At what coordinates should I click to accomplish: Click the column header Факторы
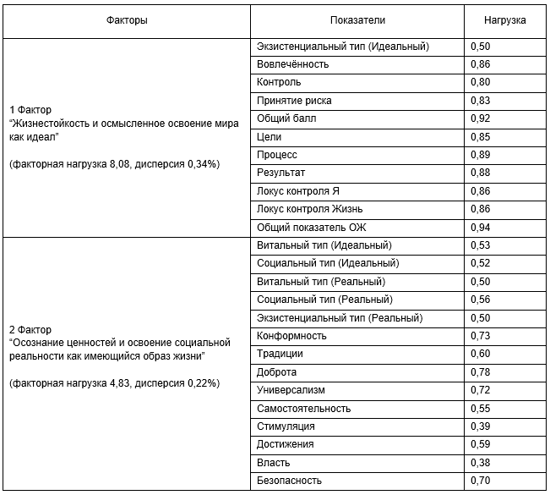[x=128, y=19]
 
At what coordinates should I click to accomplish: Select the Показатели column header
[x=358, y=19]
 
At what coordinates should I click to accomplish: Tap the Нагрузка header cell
[x=504, y=19]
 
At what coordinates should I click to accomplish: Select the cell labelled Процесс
[x=277, y=155]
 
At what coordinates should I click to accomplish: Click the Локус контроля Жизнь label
[x=310, y=209]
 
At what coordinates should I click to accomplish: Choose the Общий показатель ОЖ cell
[x=312, y=227]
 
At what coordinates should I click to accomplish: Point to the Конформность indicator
[x=291, y=336]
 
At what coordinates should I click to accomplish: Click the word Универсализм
[x=291, y=390]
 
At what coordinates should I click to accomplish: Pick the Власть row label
[x=274, y=463]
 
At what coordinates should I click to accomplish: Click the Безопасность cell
[x=289, y=481]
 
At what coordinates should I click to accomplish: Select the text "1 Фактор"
[x=30, y=109]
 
